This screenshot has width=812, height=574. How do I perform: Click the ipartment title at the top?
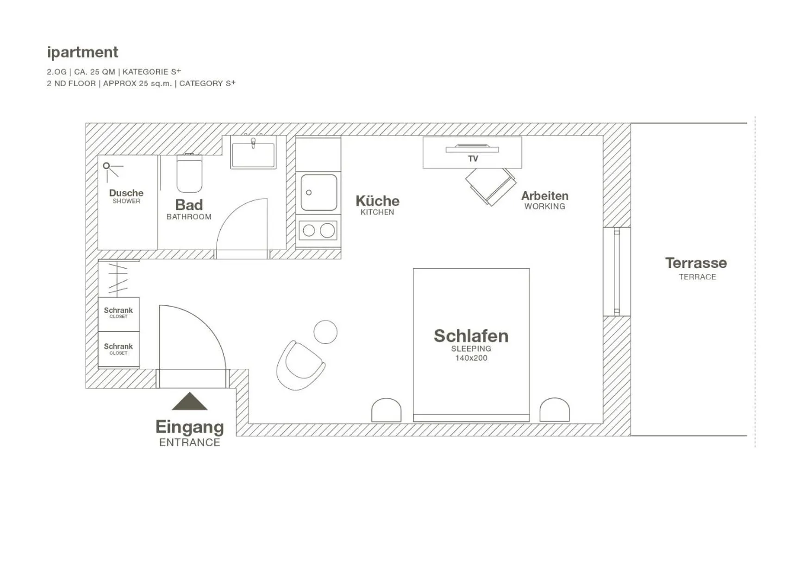point(82,52)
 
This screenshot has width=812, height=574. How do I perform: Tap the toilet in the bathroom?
point(189,174)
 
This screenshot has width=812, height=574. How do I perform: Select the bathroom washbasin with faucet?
point(253,153)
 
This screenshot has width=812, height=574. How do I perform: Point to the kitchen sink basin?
point(319,192)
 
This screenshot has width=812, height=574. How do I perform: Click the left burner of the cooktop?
point(309,231)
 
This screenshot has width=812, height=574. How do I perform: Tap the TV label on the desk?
point(473,158)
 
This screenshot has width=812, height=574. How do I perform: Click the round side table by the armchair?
point(325,332)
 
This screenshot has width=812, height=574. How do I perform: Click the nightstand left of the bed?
point(386,410)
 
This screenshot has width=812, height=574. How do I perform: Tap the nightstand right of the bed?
point(554,410)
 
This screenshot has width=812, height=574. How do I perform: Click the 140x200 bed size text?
point(471,358)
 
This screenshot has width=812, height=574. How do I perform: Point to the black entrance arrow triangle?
point(189,402)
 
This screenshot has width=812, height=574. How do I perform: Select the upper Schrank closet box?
point(119,314)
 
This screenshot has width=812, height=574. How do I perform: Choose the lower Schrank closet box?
point(119,349)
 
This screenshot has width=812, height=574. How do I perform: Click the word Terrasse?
point(696,263)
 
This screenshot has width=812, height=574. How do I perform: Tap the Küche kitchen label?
point(377,201)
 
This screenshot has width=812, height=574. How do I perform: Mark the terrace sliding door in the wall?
point(616,271)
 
